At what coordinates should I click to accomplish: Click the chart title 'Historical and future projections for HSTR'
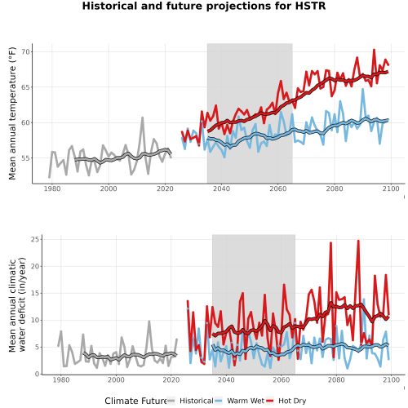coord(204,6)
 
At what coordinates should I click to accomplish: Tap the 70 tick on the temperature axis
coord(26,51)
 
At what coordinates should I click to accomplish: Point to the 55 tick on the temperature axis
coord(26,158)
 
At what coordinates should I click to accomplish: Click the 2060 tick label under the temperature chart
coord(278,188)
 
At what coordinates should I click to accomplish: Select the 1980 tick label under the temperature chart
coord(52,188)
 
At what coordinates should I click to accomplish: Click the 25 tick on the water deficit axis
coord(36,239)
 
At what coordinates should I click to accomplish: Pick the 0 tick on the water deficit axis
coord(37,375)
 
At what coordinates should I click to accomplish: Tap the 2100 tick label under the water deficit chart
coord(391,379)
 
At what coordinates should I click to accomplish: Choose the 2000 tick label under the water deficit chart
coord(116,379)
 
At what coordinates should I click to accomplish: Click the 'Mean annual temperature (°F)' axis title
coord(12,113)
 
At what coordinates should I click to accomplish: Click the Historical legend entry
coord(190,401)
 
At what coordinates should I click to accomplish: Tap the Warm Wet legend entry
coord(239,401)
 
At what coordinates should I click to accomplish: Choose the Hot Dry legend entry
coord(286,401)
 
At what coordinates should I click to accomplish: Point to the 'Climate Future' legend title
coord(136,401)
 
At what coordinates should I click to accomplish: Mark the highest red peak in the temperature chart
coord(374,50)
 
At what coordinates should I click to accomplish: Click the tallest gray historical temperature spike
coord(142,118)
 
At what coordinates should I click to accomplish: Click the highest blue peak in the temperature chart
coord(362,89)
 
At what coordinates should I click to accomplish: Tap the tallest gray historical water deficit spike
coord(149,322)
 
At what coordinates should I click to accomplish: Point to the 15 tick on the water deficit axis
coord(36,293)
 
